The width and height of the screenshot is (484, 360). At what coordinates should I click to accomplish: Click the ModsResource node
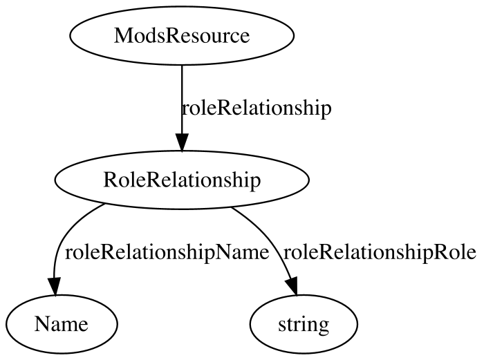pos(182,36)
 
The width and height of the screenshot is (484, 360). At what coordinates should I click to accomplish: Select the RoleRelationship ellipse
pos(182,180)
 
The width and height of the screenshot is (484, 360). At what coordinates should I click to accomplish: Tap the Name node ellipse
pos(62,324)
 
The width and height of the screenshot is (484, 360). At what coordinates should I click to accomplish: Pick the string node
pos(304,324)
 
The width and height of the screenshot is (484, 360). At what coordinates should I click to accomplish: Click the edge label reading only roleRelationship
pos(257,108)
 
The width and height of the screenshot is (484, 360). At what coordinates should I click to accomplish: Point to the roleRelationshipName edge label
pos(167,253)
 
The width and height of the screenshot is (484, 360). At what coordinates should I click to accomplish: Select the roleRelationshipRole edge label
pos(380,253)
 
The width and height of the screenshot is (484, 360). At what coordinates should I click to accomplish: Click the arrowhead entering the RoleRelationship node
pos(182,142)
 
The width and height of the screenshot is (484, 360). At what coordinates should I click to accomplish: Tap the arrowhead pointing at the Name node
pos(55,287)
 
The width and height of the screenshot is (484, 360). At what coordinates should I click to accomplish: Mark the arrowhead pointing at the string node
pos(292,287)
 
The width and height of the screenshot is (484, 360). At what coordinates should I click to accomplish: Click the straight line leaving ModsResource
pos(182,100)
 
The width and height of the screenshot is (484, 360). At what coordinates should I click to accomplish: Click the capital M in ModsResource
pos(122,36)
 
